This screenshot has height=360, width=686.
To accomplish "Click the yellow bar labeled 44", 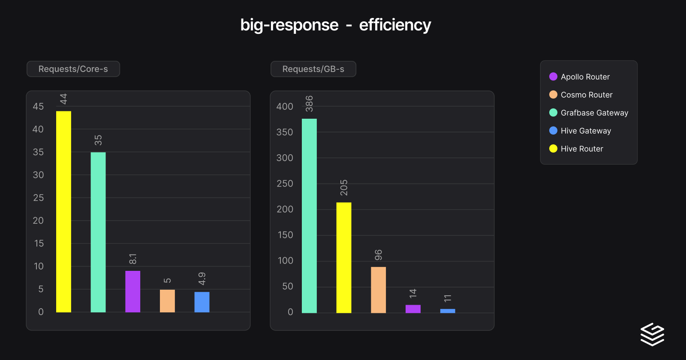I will coord(63,212).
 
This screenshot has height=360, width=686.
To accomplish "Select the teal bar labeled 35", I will coord(98,232).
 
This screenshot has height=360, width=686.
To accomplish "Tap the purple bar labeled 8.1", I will coord(132,291).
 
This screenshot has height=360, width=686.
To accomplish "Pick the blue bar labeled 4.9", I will coord(202,302).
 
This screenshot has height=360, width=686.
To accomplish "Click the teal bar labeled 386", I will coord(309,216).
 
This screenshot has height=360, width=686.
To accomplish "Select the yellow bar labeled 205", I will coord(344,258).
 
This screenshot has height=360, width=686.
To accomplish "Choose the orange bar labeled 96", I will coord(378,290).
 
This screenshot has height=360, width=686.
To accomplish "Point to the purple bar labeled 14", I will coord(413,309).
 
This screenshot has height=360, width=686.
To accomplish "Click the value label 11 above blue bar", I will coord(448,298).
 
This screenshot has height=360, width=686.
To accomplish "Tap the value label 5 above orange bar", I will coord(167,280).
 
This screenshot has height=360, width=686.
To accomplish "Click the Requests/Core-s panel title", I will coord(73,69).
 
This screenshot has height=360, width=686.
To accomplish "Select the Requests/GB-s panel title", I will coord(313,69).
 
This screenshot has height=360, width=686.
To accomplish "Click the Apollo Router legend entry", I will coord(585,77).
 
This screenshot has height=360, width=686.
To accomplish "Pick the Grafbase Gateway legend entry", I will coord(594,113).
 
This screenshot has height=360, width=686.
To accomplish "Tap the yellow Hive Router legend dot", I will coord(553,149).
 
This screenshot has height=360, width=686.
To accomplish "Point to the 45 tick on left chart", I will coord(38,106).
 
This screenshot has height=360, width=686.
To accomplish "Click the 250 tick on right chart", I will coord(285,183).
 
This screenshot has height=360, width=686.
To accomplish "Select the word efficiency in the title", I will coord(395,25).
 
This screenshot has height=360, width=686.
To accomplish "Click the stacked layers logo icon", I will coord(652,334).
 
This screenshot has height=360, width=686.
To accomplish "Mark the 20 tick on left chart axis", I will coord(38,220).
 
